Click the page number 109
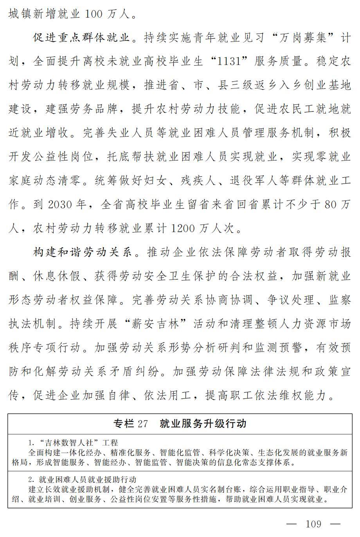pyautogui.click(x=313, y=524)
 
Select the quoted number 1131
pyautogui.click(x=229, y=61)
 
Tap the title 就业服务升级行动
pyautogui.click(x=203, y=423)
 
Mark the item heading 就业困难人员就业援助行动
pyautogui.click(x=87, y=479)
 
